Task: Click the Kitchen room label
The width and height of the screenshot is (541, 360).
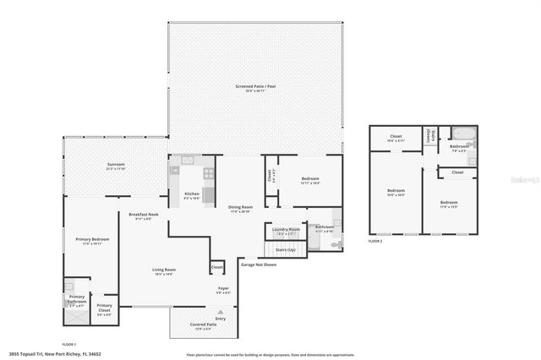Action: pos(192,194)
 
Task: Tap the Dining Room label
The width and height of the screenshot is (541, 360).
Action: pos(242,207)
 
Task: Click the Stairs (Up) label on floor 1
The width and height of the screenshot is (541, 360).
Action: pos(286,250)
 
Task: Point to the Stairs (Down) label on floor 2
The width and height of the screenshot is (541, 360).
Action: pos(431,135)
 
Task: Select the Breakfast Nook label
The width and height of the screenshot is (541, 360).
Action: pos(144,215)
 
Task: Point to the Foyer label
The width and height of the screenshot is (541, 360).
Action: pos(223,289)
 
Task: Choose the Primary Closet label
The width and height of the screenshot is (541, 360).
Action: pos(103,306)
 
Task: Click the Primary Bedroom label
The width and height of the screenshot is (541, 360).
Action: pos(87,240)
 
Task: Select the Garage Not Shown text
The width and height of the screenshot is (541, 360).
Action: pos(259,265)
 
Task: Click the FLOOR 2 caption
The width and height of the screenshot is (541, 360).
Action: pos(375,241)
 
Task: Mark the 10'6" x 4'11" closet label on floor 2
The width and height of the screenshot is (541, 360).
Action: pos(396,137)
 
